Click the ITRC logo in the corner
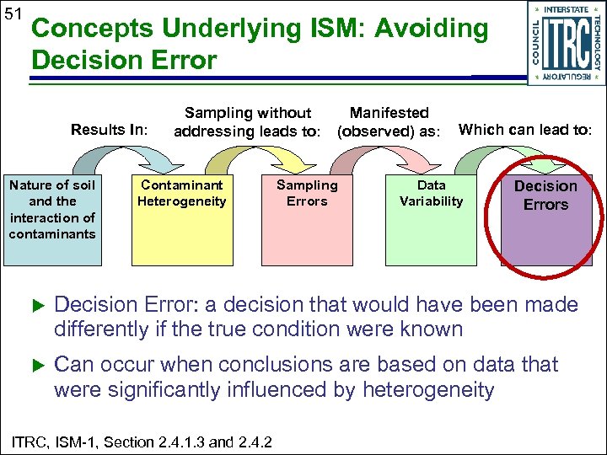566,43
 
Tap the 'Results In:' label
110,130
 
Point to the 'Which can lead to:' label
524,130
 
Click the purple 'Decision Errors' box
545,219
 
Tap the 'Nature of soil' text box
51,209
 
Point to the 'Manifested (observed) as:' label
389,122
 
